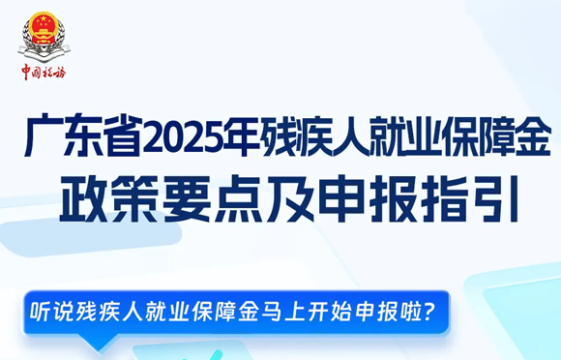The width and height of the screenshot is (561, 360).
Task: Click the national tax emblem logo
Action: pos(43,37)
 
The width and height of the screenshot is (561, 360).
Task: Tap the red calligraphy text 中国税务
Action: pos(44,72)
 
